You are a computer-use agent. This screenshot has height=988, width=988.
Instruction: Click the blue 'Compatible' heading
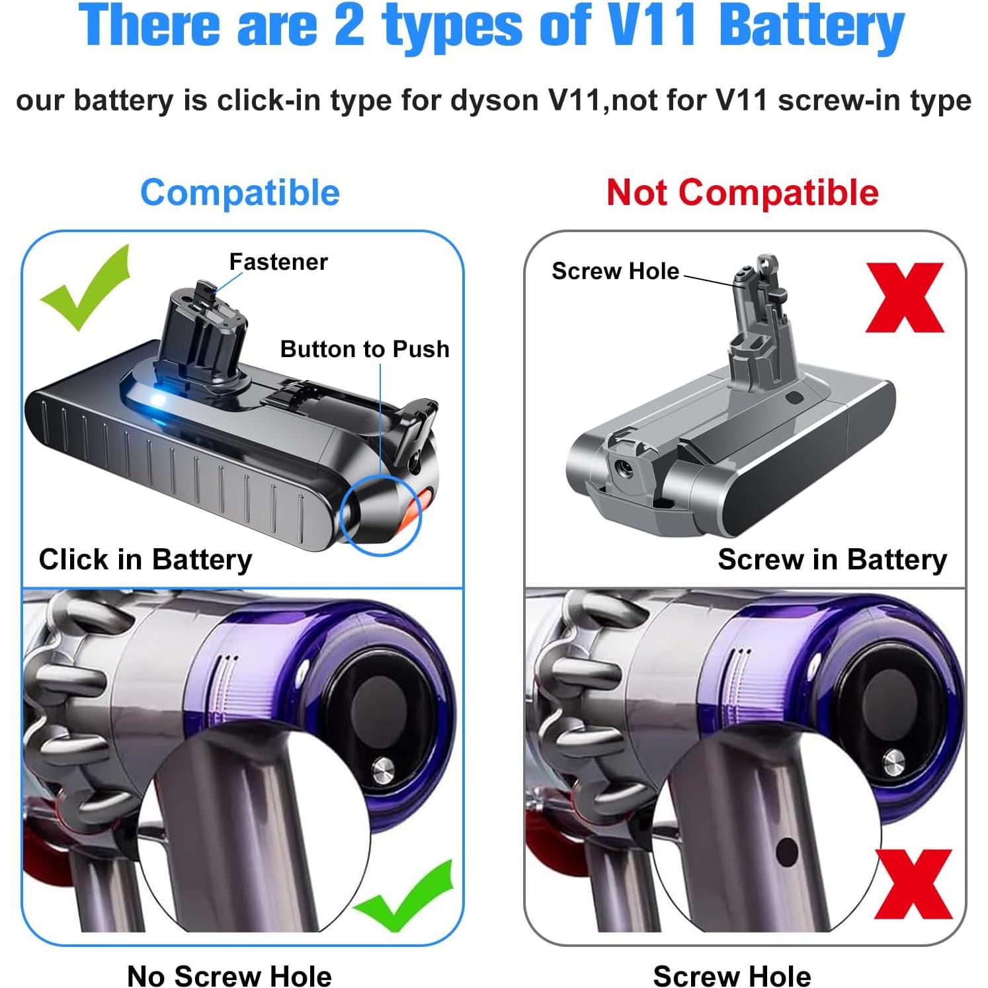[x=240, y=192]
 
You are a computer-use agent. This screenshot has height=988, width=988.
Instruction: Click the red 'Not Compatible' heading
[x=742, y=192]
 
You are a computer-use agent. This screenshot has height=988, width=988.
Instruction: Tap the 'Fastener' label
[x=278, y=262]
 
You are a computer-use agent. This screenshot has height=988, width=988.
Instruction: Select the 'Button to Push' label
[x=364, y=349]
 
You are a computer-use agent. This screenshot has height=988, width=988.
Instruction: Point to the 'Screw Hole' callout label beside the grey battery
[x=615, y=271]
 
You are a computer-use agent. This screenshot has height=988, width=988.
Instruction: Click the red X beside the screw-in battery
[x=904, y=298]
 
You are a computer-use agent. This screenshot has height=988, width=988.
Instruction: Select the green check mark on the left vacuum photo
[x=405, y=896]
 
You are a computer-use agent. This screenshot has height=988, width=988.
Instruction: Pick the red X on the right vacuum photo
[x=913, y=884]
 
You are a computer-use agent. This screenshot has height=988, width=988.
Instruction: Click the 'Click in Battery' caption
[x=145, y=559]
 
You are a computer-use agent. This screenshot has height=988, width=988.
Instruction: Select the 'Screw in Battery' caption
[x=832, y=559]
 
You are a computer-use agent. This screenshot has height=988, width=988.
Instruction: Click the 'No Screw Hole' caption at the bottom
[x=229, y=975]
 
